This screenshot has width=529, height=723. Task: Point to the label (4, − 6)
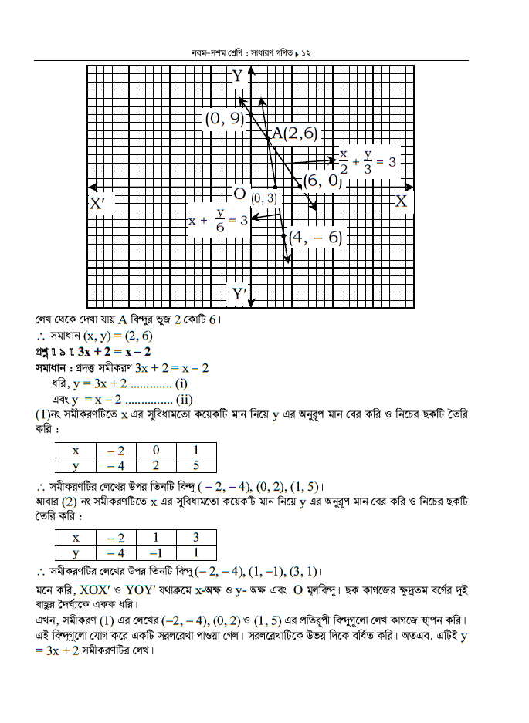click(x=314, y=238)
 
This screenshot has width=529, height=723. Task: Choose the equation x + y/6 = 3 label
click(x=218, y=221)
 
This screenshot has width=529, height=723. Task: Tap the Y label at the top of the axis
click(x=237, y=76)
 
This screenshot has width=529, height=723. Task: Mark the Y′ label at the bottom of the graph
click(x=239, y=294)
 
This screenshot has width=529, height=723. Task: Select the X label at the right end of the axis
click(x=401, y=201)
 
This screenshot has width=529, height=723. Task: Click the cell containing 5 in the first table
click(x=196, y=465)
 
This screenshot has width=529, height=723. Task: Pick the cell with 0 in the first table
click(x=155, y=450)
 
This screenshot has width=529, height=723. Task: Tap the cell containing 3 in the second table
click(x=196, y=537)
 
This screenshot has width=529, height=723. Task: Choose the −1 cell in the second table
click(x=155, y=552)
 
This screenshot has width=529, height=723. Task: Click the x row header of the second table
click(x=75, y=537)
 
